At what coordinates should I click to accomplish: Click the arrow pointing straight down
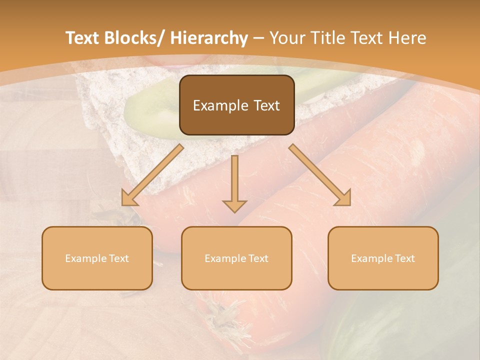[x=234, y=182]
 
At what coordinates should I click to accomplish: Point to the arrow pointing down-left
[x=152, y=175]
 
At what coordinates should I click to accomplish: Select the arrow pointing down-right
[x=320, y=175]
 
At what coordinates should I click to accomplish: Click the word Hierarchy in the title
[x=209, y=38]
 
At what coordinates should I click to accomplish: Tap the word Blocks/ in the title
[x=135, y=38]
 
